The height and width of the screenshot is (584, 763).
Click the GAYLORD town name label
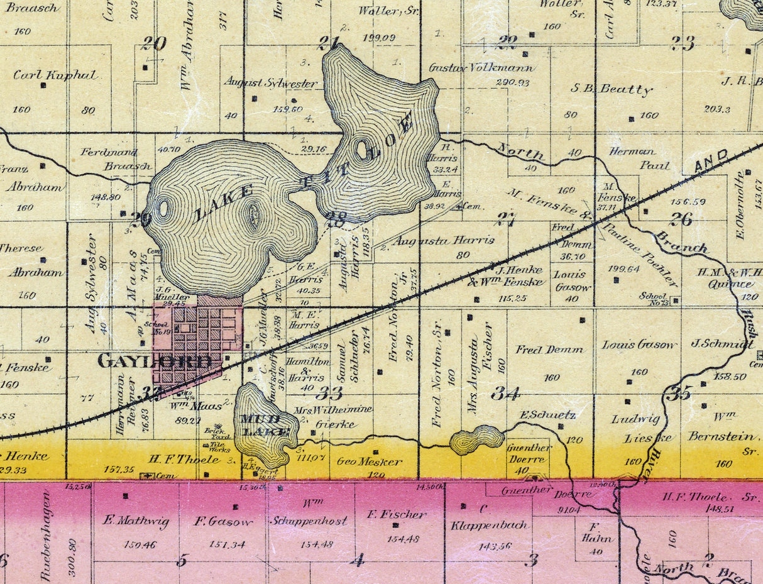click(x=155, y=361)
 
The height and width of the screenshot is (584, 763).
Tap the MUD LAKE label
click(x=266, y=426)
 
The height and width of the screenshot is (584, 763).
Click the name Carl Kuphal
click(x=55, y=75)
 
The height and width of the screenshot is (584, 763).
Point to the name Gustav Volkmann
click(x=481, y=68)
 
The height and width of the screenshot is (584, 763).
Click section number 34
click(x=506, y=394)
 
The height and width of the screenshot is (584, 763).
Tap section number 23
click(x=683, y=43)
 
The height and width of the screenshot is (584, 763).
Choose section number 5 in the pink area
click(x=182, y=559)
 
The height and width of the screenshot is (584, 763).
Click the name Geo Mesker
click(x=369, y=461)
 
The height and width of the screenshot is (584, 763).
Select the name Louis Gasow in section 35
click(x=639, y=344)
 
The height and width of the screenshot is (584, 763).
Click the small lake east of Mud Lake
click(x=477, y=440)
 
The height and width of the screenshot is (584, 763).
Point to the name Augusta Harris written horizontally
click(x=444, y=240)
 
